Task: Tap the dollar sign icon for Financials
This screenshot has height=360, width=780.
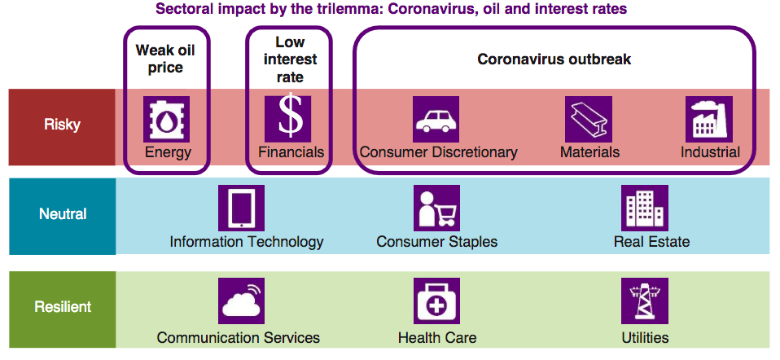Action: [x=287, y=119]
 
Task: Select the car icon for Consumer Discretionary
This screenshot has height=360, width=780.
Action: [x=436, y=119]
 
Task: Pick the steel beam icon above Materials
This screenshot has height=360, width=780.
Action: [x=589, y=119]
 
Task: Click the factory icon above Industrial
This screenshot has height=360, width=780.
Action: [x=709, y=119]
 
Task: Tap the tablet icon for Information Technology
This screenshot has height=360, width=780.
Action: [x=241, y=209]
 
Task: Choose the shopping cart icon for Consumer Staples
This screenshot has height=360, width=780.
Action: [x=436, y=209]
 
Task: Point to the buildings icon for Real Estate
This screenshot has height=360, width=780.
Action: [x=644, y=209]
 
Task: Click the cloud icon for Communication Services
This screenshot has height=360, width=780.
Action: [x=241, y=301]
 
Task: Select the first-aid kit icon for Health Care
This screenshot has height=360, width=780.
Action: [x=436, y=301]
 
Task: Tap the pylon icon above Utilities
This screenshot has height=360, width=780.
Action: [x=644, y=301]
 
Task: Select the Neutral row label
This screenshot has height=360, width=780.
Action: [x=63, y=214]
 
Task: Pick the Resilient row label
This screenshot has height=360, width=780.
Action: [x=63, y=307]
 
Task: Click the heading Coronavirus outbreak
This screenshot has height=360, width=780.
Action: [x=554, y=59]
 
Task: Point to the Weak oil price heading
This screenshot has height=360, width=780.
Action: [x=165, y=59]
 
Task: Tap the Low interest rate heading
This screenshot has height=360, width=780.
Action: [x=290, y=59]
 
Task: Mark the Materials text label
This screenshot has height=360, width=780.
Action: [x=590, y=151]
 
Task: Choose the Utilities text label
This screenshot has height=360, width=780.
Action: [x=645, y=338]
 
